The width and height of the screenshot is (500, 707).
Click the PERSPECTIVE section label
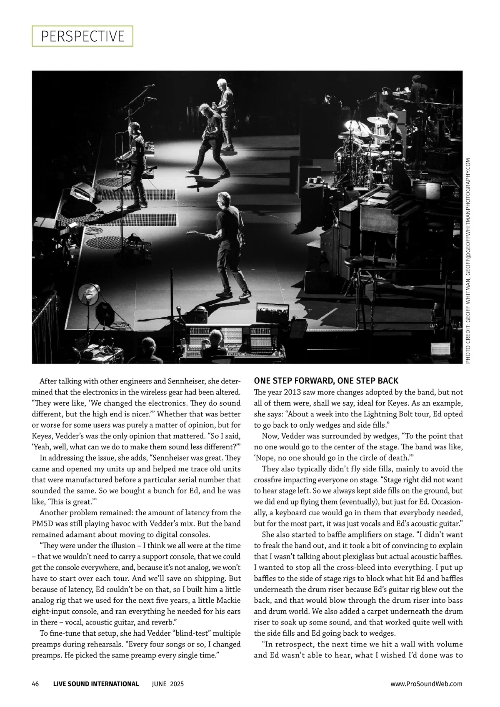click(82, 36)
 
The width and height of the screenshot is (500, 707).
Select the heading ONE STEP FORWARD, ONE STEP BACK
click(326, 381)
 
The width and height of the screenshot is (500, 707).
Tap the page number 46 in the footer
click(35, 684)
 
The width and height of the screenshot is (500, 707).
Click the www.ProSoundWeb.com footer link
click(426, 684)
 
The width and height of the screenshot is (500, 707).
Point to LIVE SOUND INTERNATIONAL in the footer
click(96, 684)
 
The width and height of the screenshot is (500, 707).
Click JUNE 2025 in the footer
click(167, 684)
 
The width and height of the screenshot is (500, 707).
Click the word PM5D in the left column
click(43, 524)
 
